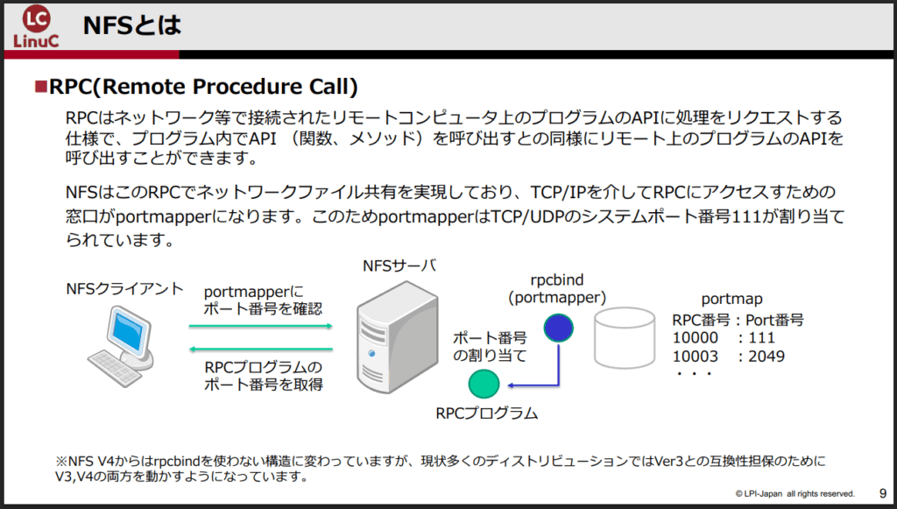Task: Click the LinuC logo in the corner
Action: [x=36, y=27]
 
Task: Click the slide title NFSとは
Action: [x=131, y=25]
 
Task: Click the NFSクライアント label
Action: [x=124, y=288]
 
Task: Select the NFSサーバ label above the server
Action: [x=399, y=265]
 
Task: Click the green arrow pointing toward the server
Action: [x=261, y=326]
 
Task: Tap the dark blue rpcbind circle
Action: [x=557, y=328]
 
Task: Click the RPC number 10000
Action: [x=695, y=338]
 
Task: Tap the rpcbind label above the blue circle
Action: [x=557, y=281]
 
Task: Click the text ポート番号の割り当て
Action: [x=489, y=347]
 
